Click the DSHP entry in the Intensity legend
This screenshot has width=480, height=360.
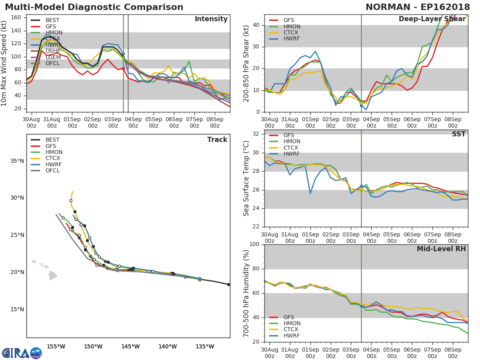tap(52, 51)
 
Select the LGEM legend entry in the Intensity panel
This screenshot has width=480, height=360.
tap(52, 57)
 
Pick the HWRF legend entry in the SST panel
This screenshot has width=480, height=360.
tap(291, 154)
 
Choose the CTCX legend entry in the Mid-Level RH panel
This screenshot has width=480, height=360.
tap(291, 330)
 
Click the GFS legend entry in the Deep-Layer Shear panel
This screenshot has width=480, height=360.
tap(288, 20)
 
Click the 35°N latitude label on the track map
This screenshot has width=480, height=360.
tap(17, 161)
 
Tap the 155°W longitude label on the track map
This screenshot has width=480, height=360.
tap(56, 346)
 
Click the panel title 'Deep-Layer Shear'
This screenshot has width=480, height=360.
tap(432, 19)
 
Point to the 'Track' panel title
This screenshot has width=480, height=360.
tap(217, 140)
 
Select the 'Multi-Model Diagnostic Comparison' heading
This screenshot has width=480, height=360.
tap(94, 7)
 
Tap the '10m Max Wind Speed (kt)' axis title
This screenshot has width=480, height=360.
tap(4, 64)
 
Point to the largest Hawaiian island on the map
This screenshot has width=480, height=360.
tap(53, 275)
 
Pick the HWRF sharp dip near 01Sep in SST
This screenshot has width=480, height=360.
tap(310, 194)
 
